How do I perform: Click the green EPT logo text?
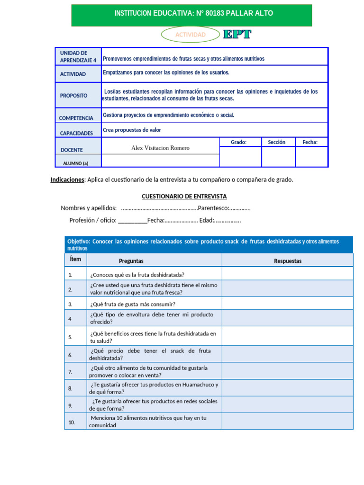pos(237,34)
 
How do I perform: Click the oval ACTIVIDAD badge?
pos(191,35)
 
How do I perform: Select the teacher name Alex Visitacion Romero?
pos(160,148)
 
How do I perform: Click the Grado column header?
pos(238,142)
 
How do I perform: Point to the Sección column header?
pos(276,142)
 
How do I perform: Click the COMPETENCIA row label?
pos(76,118)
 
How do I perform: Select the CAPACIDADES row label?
pos(76,134)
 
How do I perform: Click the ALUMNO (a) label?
pos(76,163)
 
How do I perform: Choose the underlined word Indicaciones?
pos(67,180)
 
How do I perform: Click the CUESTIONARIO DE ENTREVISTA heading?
pos(184,196)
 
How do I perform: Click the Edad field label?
pos(207,220)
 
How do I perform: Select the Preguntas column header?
pos(131,261)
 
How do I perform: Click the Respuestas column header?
pos(288,261)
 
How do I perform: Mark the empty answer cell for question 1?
pos(287,274)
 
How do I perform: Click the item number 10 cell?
pos(72,422)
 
